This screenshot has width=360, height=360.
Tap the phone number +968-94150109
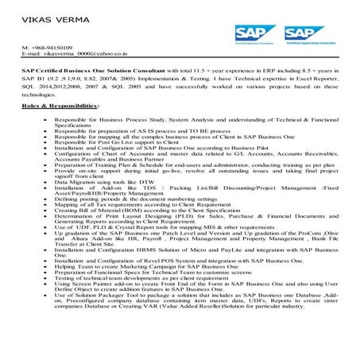click(52, 48)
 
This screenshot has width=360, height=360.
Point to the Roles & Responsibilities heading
click(54, 105)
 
